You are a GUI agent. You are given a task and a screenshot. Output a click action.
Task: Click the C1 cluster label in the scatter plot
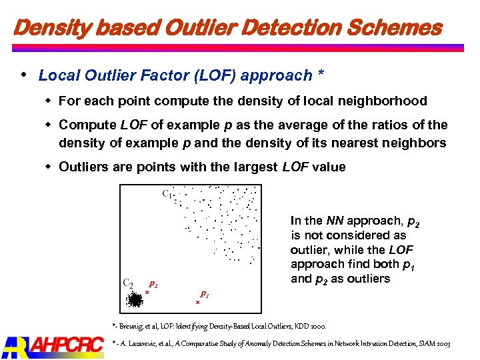(167, 195)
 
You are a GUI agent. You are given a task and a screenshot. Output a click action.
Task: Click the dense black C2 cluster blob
(135, 301)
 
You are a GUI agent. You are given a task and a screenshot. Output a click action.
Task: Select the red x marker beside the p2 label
(147, 292)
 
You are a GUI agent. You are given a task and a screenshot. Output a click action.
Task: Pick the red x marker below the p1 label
(198, 302)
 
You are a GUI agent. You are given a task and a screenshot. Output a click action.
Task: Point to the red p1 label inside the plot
(205, 293)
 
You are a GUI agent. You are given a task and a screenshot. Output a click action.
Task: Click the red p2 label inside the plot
(153, 283)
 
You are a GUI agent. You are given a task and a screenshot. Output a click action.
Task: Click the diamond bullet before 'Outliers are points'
(49, 167)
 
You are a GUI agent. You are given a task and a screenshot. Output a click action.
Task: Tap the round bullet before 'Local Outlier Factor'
(25, 75)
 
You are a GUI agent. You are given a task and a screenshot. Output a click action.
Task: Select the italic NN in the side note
(333, 221)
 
